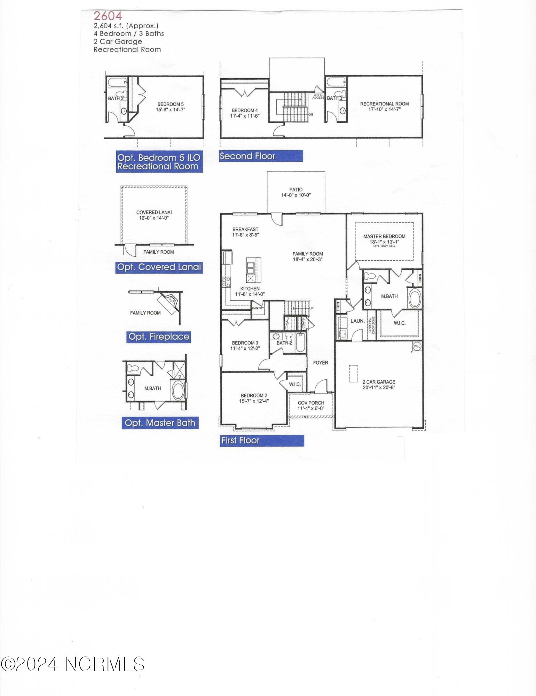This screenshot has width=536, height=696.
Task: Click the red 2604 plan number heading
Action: coord(108,16)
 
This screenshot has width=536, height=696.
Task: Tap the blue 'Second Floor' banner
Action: coord(261,156)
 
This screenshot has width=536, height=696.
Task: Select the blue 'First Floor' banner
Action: coord(262,441)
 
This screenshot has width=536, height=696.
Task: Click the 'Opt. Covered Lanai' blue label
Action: coord(159,267)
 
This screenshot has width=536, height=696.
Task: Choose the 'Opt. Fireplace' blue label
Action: coord(159,337)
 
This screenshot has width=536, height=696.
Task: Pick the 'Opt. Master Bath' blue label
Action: coord(160,423)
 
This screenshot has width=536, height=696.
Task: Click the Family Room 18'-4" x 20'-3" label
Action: coord(308,256)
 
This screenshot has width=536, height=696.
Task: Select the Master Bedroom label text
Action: coord(384,236)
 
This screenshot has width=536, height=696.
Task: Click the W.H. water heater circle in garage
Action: coord(417,346)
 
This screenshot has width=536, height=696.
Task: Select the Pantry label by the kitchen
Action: coord(258,308)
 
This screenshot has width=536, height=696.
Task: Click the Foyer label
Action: coord(321,363)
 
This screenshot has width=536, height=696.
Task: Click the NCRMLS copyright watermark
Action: coord(72,664)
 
